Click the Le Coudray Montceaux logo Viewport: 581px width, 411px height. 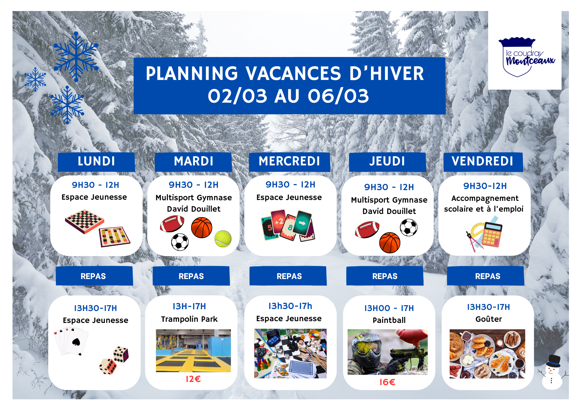click(526, 57)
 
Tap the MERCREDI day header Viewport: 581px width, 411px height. click(289, 161)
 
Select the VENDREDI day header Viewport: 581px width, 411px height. click(483, 161)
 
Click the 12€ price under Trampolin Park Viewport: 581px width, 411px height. click(193, 379)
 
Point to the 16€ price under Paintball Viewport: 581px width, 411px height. click(387, 382)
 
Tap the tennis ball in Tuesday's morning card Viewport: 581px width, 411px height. click(223, 239)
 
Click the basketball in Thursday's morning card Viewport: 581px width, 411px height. click(390, 243)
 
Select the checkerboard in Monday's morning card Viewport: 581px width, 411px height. click(84, 221)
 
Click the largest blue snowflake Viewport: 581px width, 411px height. click(76, 56)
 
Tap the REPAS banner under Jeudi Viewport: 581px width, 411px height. click(385, 276)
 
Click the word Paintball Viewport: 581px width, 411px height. click(389, 320)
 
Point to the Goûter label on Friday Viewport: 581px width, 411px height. click(489, 319)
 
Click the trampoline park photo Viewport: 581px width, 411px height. click(193, 351)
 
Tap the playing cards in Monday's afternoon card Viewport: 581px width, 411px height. click(71, 342)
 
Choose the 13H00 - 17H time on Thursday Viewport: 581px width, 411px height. click(389, 308)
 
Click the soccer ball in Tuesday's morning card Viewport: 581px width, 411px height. click(180, 242)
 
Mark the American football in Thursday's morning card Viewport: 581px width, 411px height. click(367, 229)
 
